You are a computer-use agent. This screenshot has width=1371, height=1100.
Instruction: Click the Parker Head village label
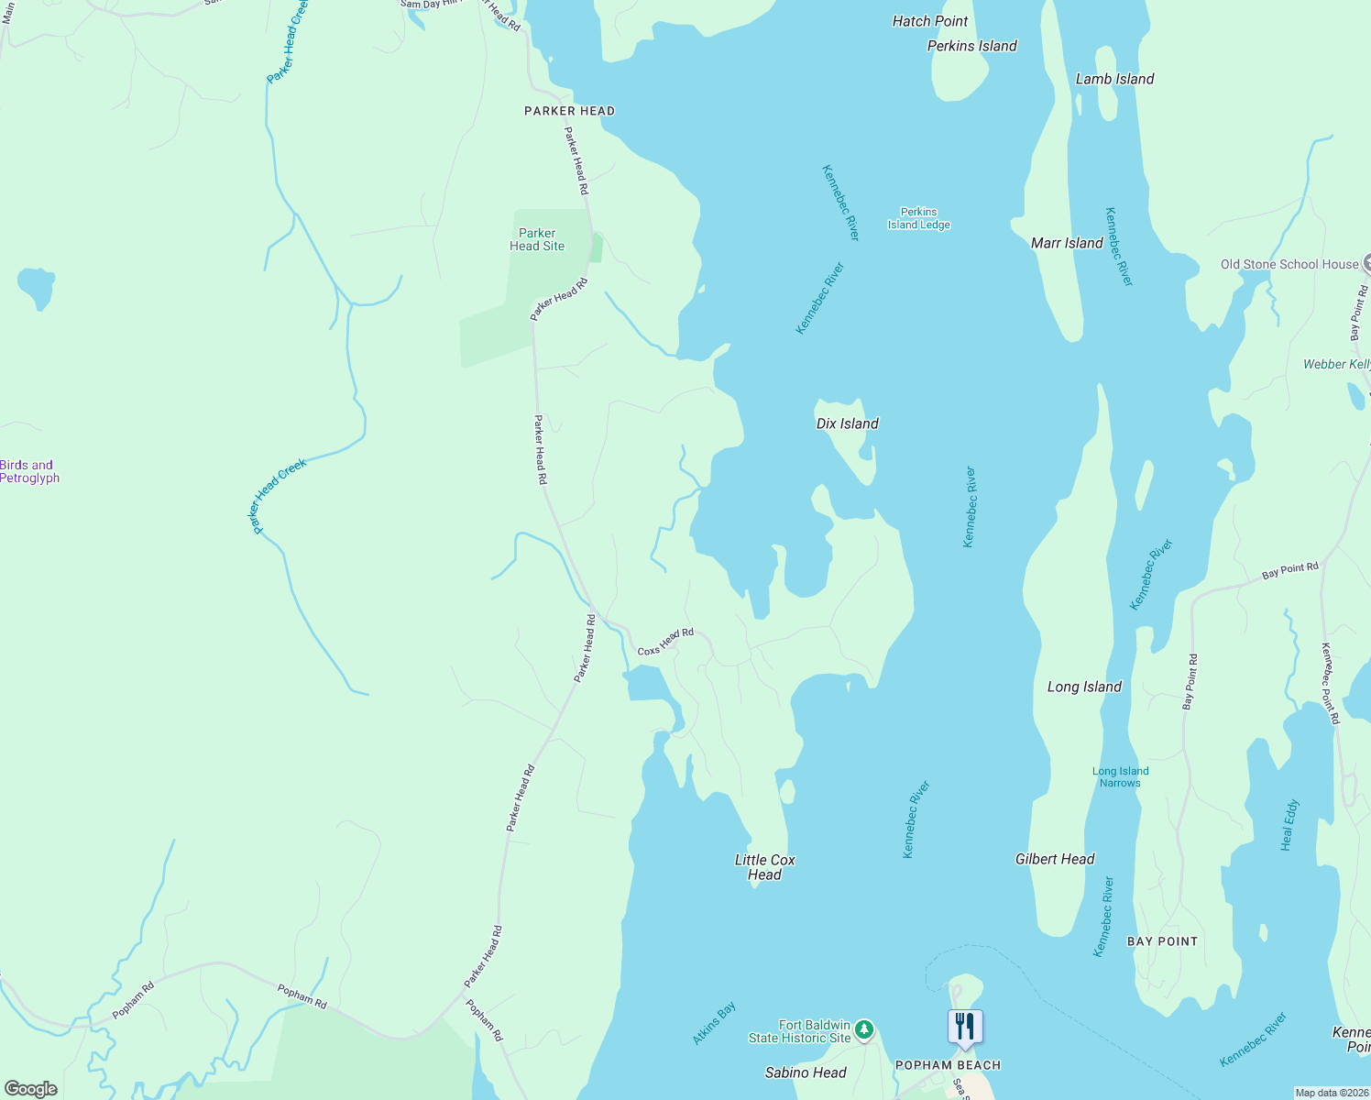[569, 111]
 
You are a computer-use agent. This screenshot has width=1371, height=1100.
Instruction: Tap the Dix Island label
[847, 423]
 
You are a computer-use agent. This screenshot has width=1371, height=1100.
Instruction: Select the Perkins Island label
[971, 46]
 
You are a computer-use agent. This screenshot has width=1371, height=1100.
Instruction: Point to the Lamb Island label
[1114, 79]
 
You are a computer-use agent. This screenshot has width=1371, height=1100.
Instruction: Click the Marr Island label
[1067, 243]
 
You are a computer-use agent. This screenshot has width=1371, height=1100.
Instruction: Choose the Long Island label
[1084, 687]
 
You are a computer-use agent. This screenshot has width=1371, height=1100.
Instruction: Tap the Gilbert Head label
[1055, 859]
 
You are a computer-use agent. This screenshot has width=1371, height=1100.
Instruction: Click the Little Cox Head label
[764, 867]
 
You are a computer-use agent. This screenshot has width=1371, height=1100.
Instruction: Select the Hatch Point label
[930, 21]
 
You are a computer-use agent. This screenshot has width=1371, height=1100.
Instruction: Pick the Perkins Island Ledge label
[918, 218]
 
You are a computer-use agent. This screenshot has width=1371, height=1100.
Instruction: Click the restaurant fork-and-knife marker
[965, 1027]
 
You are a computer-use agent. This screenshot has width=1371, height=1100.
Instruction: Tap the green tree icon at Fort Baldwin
[863, 1031]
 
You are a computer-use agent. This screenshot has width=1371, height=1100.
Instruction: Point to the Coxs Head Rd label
[665, 642]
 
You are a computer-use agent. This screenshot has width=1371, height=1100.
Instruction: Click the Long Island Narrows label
[1120, 777]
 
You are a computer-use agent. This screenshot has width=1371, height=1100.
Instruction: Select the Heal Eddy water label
[1289, 825]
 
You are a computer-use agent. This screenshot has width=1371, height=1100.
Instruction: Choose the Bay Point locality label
[1162, 941]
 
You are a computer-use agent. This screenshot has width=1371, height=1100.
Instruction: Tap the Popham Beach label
[948, 1065]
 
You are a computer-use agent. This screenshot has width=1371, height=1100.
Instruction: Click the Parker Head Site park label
[537, 239]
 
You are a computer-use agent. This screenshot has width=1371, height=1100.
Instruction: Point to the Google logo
[30, 1089]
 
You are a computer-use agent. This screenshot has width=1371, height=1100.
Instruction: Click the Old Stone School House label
[1289, 264]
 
